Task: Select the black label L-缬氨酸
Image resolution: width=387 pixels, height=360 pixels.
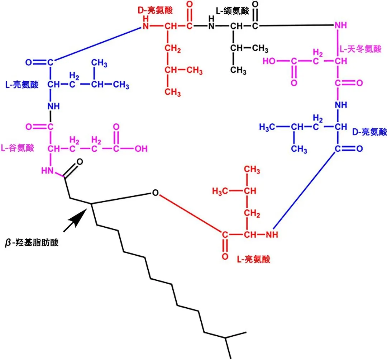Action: (232, 11)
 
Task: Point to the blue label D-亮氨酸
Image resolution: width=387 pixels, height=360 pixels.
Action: (369, 132)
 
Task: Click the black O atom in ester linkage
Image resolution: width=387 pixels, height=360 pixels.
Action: (155, 193)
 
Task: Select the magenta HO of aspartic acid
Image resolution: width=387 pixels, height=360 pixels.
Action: (271, 61)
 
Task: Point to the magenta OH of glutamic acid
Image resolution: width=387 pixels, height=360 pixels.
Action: (141, 148)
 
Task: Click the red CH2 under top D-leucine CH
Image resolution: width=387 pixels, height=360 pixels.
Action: (172, 49)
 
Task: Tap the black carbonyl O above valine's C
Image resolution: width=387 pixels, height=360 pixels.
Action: (255, 4)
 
